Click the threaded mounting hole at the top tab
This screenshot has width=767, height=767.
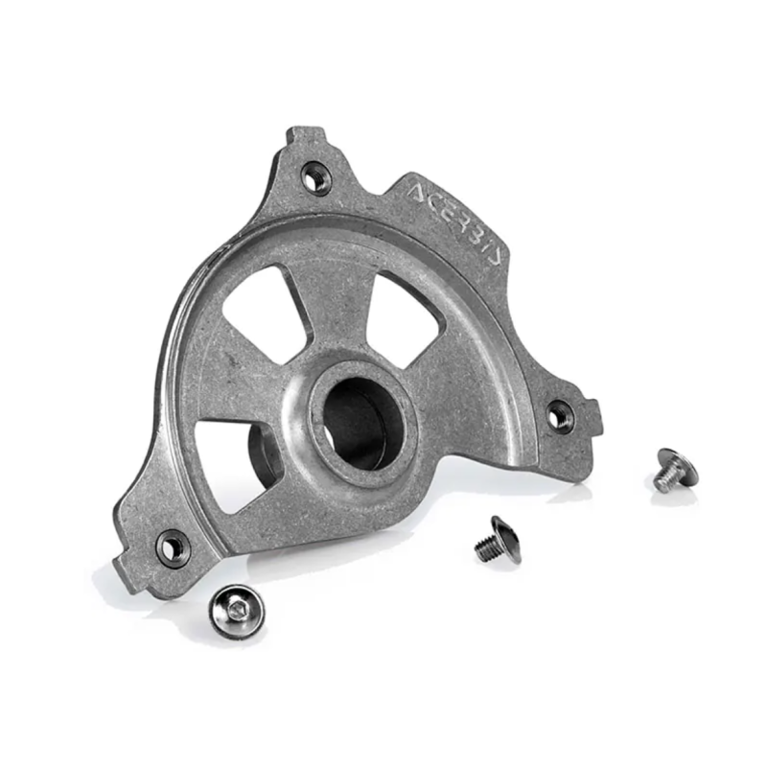click(315, 178)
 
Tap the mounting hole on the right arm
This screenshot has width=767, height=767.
click(560, 416)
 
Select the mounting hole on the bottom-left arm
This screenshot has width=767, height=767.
click(173, 548)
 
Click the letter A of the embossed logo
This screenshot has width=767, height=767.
click(417, 193)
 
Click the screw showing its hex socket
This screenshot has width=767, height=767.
click(237, 612)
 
